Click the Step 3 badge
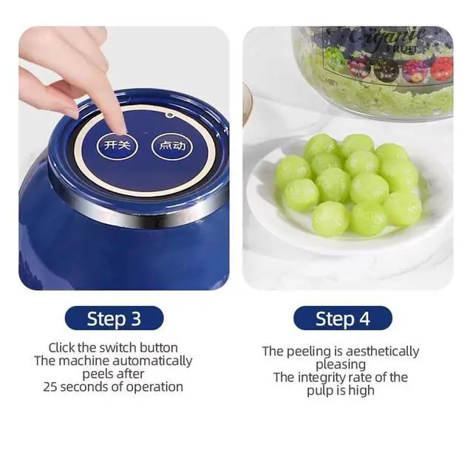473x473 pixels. (114, 319)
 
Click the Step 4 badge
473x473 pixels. (342, 319)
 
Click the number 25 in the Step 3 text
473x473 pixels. (50, 387)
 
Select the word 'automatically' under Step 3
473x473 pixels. (157, 361)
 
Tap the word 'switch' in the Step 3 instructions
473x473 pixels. (118, 347)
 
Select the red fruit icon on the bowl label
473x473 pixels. (440, 69)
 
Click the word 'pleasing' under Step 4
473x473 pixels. (341, 364)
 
